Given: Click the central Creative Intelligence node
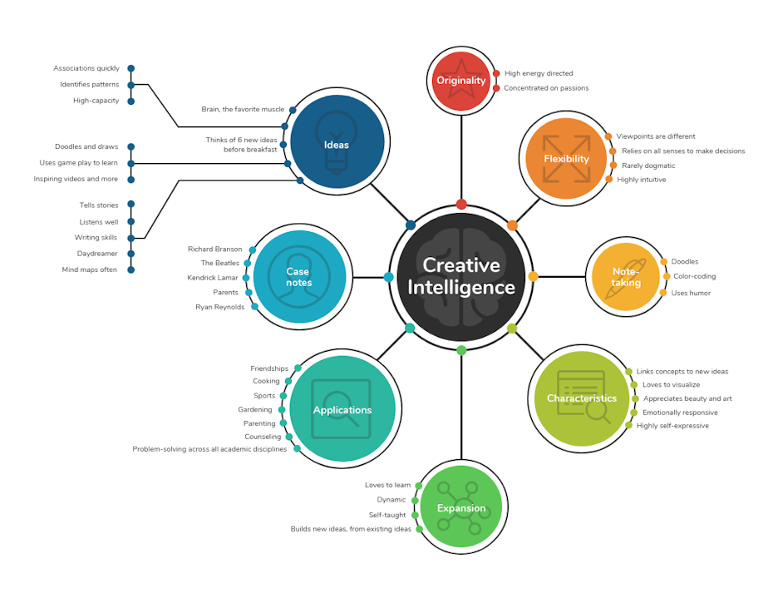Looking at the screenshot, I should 460,276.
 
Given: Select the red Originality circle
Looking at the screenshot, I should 460,81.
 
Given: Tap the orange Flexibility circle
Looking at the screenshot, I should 566,158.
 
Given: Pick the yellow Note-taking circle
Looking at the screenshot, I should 626,276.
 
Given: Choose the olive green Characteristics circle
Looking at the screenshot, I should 582,398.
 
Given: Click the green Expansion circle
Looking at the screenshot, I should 461,507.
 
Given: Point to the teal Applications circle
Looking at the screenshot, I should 342,409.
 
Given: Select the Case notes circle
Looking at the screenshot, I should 299,276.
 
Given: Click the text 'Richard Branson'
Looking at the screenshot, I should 215,250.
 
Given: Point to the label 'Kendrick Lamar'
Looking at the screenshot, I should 213,278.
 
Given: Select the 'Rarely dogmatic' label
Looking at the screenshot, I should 648,166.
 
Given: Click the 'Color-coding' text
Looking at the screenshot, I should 694,276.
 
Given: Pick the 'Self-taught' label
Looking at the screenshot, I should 387,515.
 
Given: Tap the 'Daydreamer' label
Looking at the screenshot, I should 97,254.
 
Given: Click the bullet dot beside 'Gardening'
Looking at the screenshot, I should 282,409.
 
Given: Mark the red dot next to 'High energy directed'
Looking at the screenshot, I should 496,73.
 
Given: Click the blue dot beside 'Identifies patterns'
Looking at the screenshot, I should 130,85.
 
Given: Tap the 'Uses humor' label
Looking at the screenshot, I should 691,293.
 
